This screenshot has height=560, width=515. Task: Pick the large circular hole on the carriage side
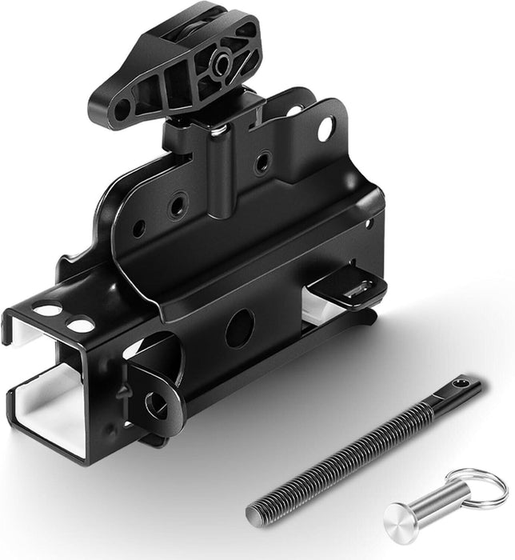(x=239, y=327)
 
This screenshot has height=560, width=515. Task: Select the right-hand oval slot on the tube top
(x=81, y=325)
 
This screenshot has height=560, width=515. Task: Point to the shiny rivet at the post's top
(x=217, y=128)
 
